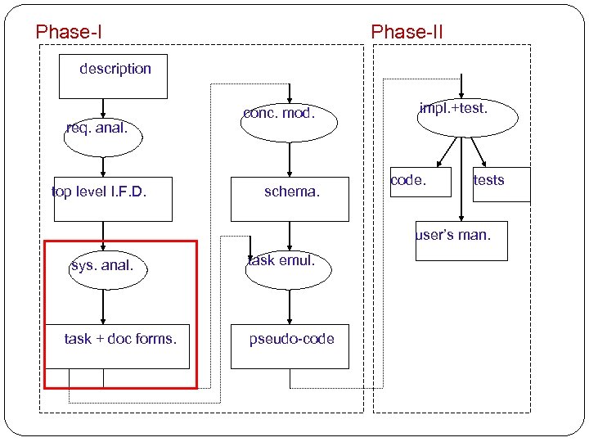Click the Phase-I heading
[69, 33]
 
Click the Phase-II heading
[407, 33]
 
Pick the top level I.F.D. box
[113, 199]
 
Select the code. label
[407, 180]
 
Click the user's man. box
[461, 241]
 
